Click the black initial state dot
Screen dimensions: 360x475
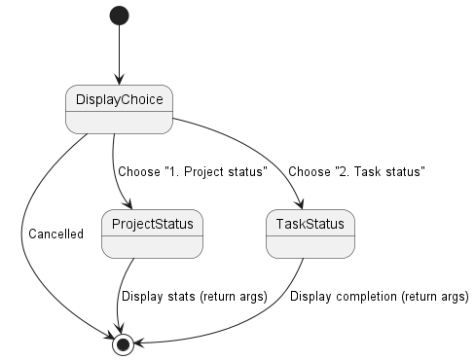[x=119, y=17]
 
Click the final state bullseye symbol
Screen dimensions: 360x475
[x=123, y=343]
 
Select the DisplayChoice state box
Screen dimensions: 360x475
[x=119, y=109]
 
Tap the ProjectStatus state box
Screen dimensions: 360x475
[x=151, y=234]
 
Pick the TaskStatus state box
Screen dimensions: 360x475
[x=305, y=234]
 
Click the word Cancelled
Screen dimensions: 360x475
[x=55, y=234]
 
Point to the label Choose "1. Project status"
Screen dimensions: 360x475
[x=192, y=172]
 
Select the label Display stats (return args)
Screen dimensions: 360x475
[x=193, y=298]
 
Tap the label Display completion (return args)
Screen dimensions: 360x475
[x=379, y=298]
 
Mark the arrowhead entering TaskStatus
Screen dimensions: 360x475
[x=300, y=205]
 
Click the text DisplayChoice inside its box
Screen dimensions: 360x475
[x=119, y=99]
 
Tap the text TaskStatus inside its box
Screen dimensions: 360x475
[x=305, y=225]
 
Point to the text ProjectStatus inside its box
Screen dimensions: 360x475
[x=151, y=225]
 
